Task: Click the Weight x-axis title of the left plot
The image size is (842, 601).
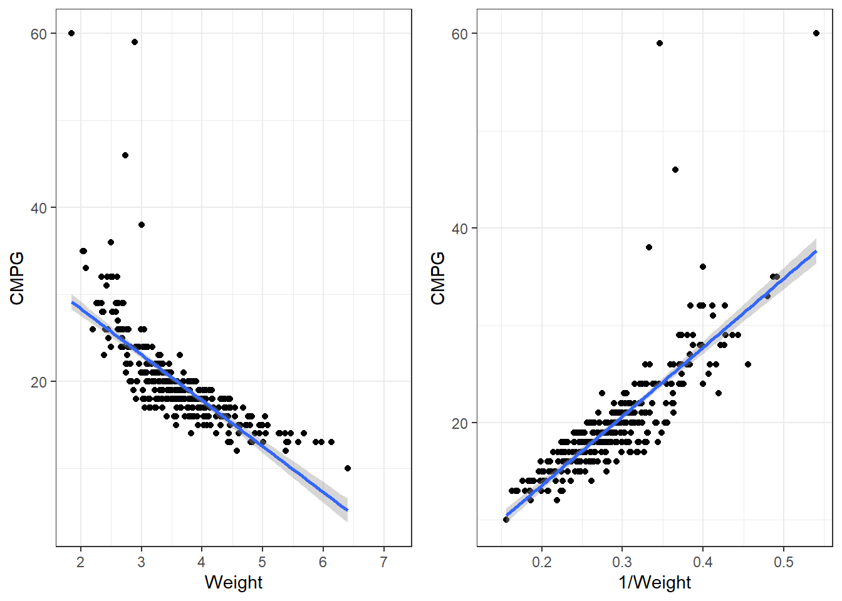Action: [x=233, y=582]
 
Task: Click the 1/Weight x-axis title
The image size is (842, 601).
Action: [x=655, y=582]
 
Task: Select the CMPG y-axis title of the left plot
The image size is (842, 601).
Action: [x=17, y=278]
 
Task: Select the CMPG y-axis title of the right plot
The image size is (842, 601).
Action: [x=438, y=278]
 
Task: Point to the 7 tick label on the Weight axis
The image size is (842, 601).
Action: [x=383, y=562]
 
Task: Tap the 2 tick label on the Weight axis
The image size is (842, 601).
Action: [x=80, y=562]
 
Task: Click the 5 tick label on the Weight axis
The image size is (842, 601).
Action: [x=262, y=562]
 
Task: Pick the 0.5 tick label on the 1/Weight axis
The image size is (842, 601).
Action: [x=783, y=562]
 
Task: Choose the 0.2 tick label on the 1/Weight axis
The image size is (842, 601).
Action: [x=541, y=562]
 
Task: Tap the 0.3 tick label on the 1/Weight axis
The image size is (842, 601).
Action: [x=622, y=562]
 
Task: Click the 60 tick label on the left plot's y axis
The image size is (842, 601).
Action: [x=39, y=34]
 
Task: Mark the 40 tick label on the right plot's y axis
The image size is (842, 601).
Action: [x=460, y=229]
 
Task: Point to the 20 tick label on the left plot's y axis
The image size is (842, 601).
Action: [x=39, y=382]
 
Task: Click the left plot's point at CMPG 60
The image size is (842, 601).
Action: [x=71, y=33]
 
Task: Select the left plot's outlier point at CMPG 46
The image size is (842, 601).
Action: [x=125, y=155]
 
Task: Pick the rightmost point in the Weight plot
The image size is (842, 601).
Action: [x=348, y=468]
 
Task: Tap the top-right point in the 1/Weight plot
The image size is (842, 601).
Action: [x=816, y=33]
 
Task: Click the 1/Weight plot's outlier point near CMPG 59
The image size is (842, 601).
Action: [x=660, y=43]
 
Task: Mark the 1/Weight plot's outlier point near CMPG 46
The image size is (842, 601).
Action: [x=675, y=170]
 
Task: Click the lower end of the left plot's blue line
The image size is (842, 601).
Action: [x=347, y=510]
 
